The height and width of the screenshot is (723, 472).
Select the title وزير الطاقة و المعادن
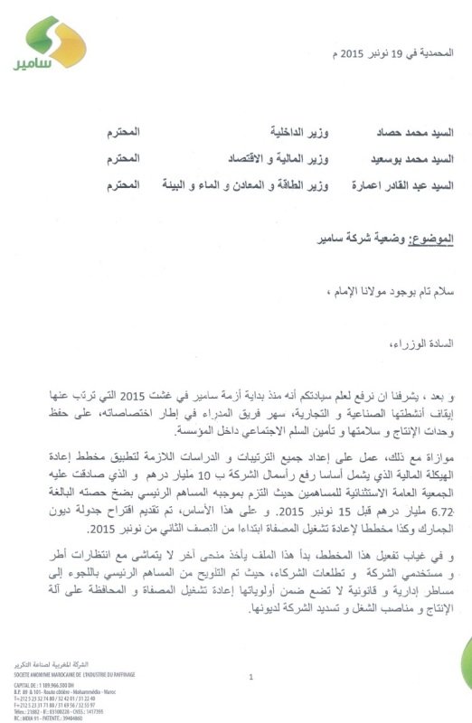point(271,185)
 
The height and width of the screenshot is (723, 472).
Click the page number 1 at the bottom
point(249,676)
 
